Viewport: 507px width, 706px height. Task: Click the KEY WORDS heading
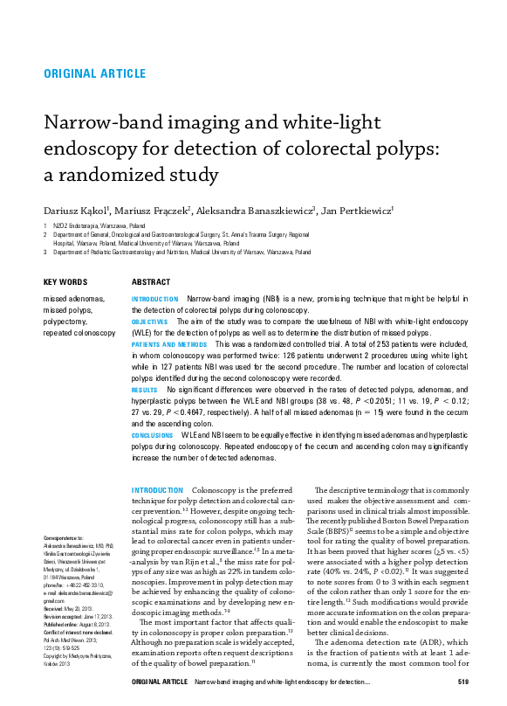pyautogui.click(x=65, y=282)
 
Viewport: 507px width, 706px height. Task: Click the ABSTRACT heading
pyautogui.click(x=151, y=282)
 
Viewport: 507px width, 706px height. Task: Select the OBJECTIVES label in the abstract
pyautogui.click(x=149, y=322)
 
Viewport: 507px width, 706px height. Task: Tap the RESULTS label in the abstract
pyautogui.click(x=144, y=389)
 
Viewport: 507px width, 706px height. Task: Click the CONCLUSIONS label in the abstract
pyautogui.click(x=152, y=434)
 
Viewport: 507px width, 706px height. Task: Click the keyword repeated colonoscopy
pyautogui.click(x=79, y=333)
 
